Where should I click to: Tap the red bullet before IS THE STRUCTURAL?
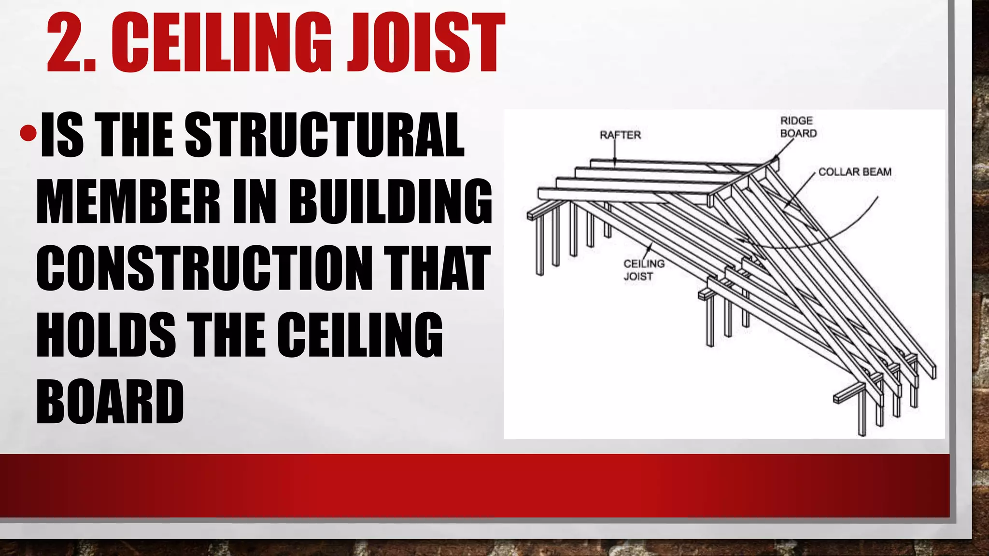pos(28,133)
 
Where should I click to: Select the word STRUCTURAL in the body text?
pos(325,135)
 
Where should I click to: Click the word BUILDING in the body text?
pos(393,202)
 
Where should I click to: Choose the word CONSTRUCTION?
pos(204,268)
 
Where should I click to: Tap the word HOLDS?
pos(106,335)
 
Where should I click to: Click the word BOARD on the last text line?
pos(110,402)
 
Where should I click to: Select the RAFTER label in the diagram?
pos(620,135)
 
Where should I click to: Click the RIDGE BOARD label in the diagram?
pos(798,127)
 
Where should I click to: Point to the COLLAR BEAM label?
pos(855,172)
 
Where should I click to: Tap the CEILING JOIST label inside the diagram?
pos(643,270)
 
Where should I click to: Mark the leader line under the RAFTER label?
pos(615,152)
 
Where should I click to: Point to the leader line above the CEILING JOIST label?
pos(648,250)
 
